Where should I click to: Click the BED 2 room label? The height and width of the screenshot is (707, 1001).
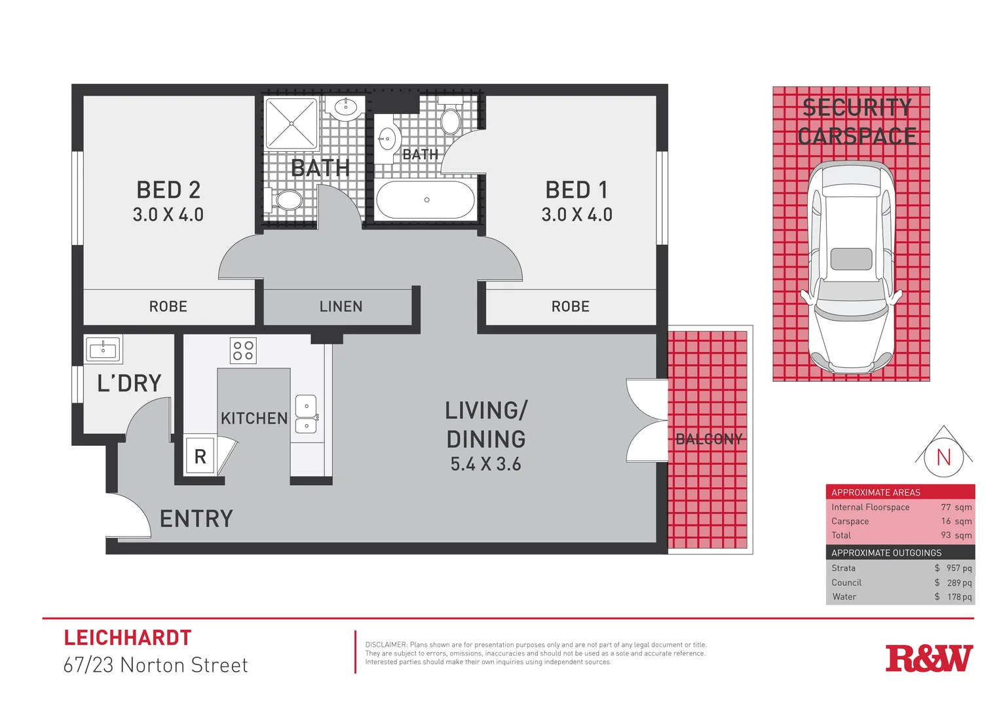point(168,190)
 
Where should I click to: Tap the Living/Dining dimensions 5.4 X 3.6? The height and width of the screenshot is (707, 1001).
point(485,464)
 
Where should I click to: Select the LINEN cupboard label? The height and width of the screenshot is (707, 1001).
point(341,306)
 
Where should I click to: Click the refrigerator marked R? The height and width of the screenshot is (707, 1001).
point(200,456)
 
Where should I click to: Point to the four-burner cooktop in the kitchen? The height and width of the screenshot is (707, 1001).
point(243,350)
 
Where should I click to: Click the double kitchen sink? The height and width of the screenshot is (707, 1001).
point(306,415)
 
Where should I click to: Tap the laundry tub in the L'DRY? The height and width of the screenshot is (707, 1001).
point(103,350)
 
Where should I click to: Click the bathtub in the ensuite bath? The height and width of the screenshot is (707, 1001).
point(425,200)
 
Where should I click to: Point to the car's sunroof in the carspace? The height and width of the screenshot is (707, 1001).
point(851,259)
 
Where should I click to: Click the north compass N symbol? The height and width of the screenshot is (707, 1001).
point(943,457)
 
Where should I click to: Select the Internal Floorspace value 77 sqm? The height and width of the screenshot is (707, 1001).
point(956,507)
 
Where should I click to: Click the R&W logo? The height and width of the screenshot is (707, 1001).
point(928,659)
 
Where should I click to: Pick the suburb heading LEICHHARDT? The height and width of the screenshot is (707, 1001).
point(128,638)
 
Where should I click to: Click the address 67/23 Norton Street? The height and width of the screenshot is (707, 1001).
point(155,665)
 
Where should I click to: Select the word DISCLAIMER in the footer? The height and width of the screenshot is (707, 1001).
point(386,645)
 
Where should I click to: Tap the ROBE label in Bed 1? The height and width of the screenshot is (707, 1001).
point(570,306)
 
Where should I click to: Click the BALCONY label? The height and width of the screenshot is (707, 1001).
point(709,439)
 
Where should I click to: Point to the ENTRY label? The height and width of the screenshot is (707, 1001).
point(197,519)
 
